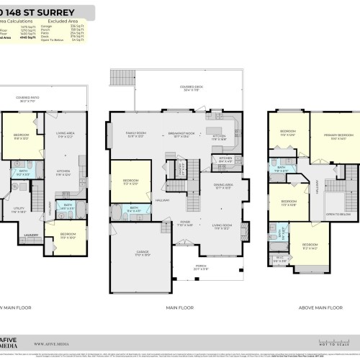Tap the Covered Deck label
tap(192, 88)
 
